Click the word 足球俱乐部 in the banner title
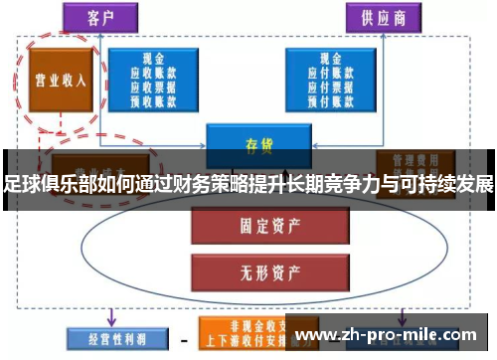pos(44,185)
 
